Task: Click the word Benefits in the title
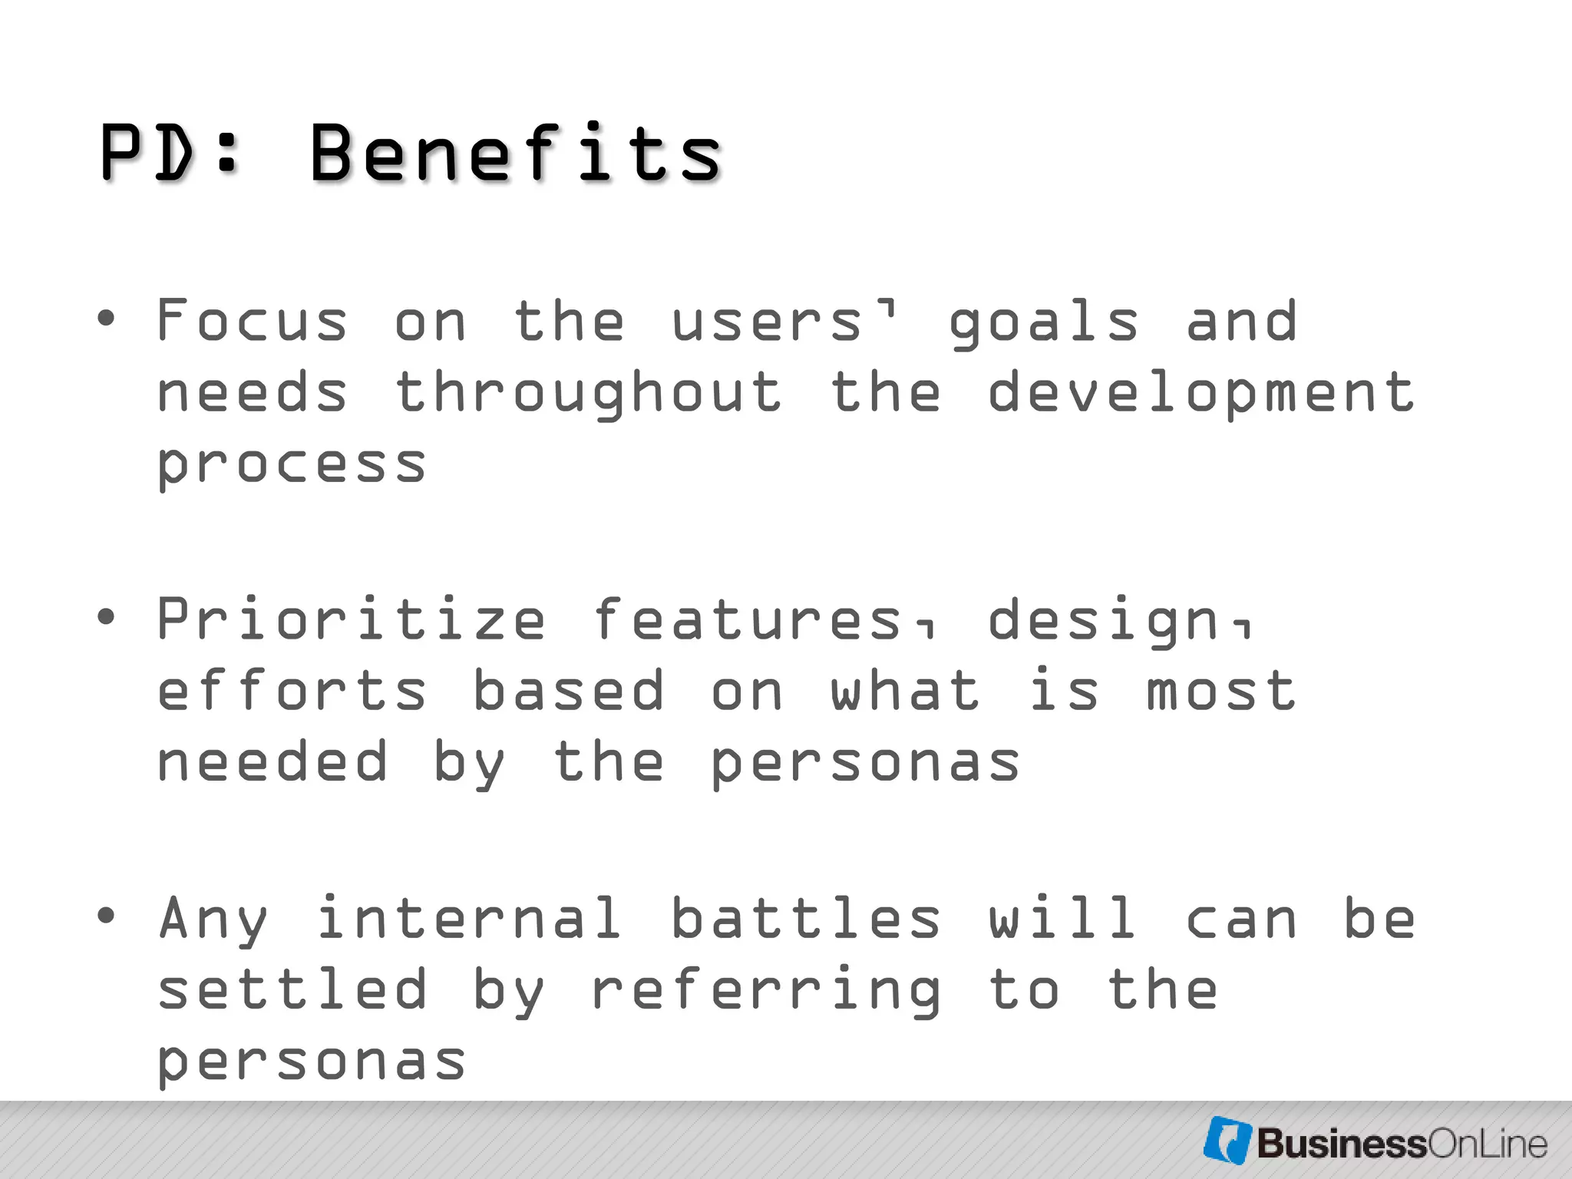[516, 154]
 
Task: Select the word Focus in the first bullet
[252, 321]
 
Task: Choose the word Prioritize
[352, 619]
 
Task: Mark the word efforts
[292, 691]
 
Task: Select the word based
[568, 691]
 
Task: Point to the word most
[1220, 691]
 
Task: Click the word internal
[469, 918]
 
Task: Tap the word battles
[806, 918]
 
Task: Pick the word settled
[292, 989]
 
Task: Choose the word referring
[765, 990]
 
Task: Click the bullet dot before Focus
[106, 318]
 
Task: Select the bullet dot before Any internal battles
[106, 915]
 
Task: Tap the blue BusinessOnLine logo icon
[1227, 1141]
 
